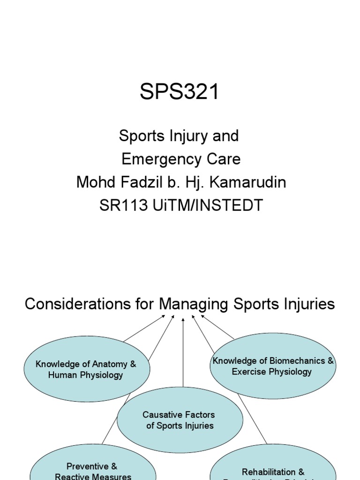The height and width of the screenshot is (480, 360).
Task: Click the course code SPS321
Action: pyautogui.click(x=180, y=92)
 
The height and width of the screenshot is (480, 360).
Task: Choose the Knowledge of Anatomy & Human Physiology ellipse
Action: pyautogui.click(x=87, y=370)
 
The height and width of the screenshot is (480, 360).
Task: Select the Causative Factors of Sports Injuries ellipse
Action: pyautogui.click(x=180, y=420)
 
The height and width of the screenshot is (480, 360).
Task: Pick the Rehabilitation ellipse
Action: pyautogui.click(x=273, y=466)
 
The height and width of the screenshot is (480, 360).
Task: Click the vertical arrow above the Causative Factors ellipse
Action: pyautogui.click(x=183, y=356)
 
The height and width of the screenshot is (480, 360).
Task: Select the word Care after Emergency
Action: pyautogui.click(x=225, y=159)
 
